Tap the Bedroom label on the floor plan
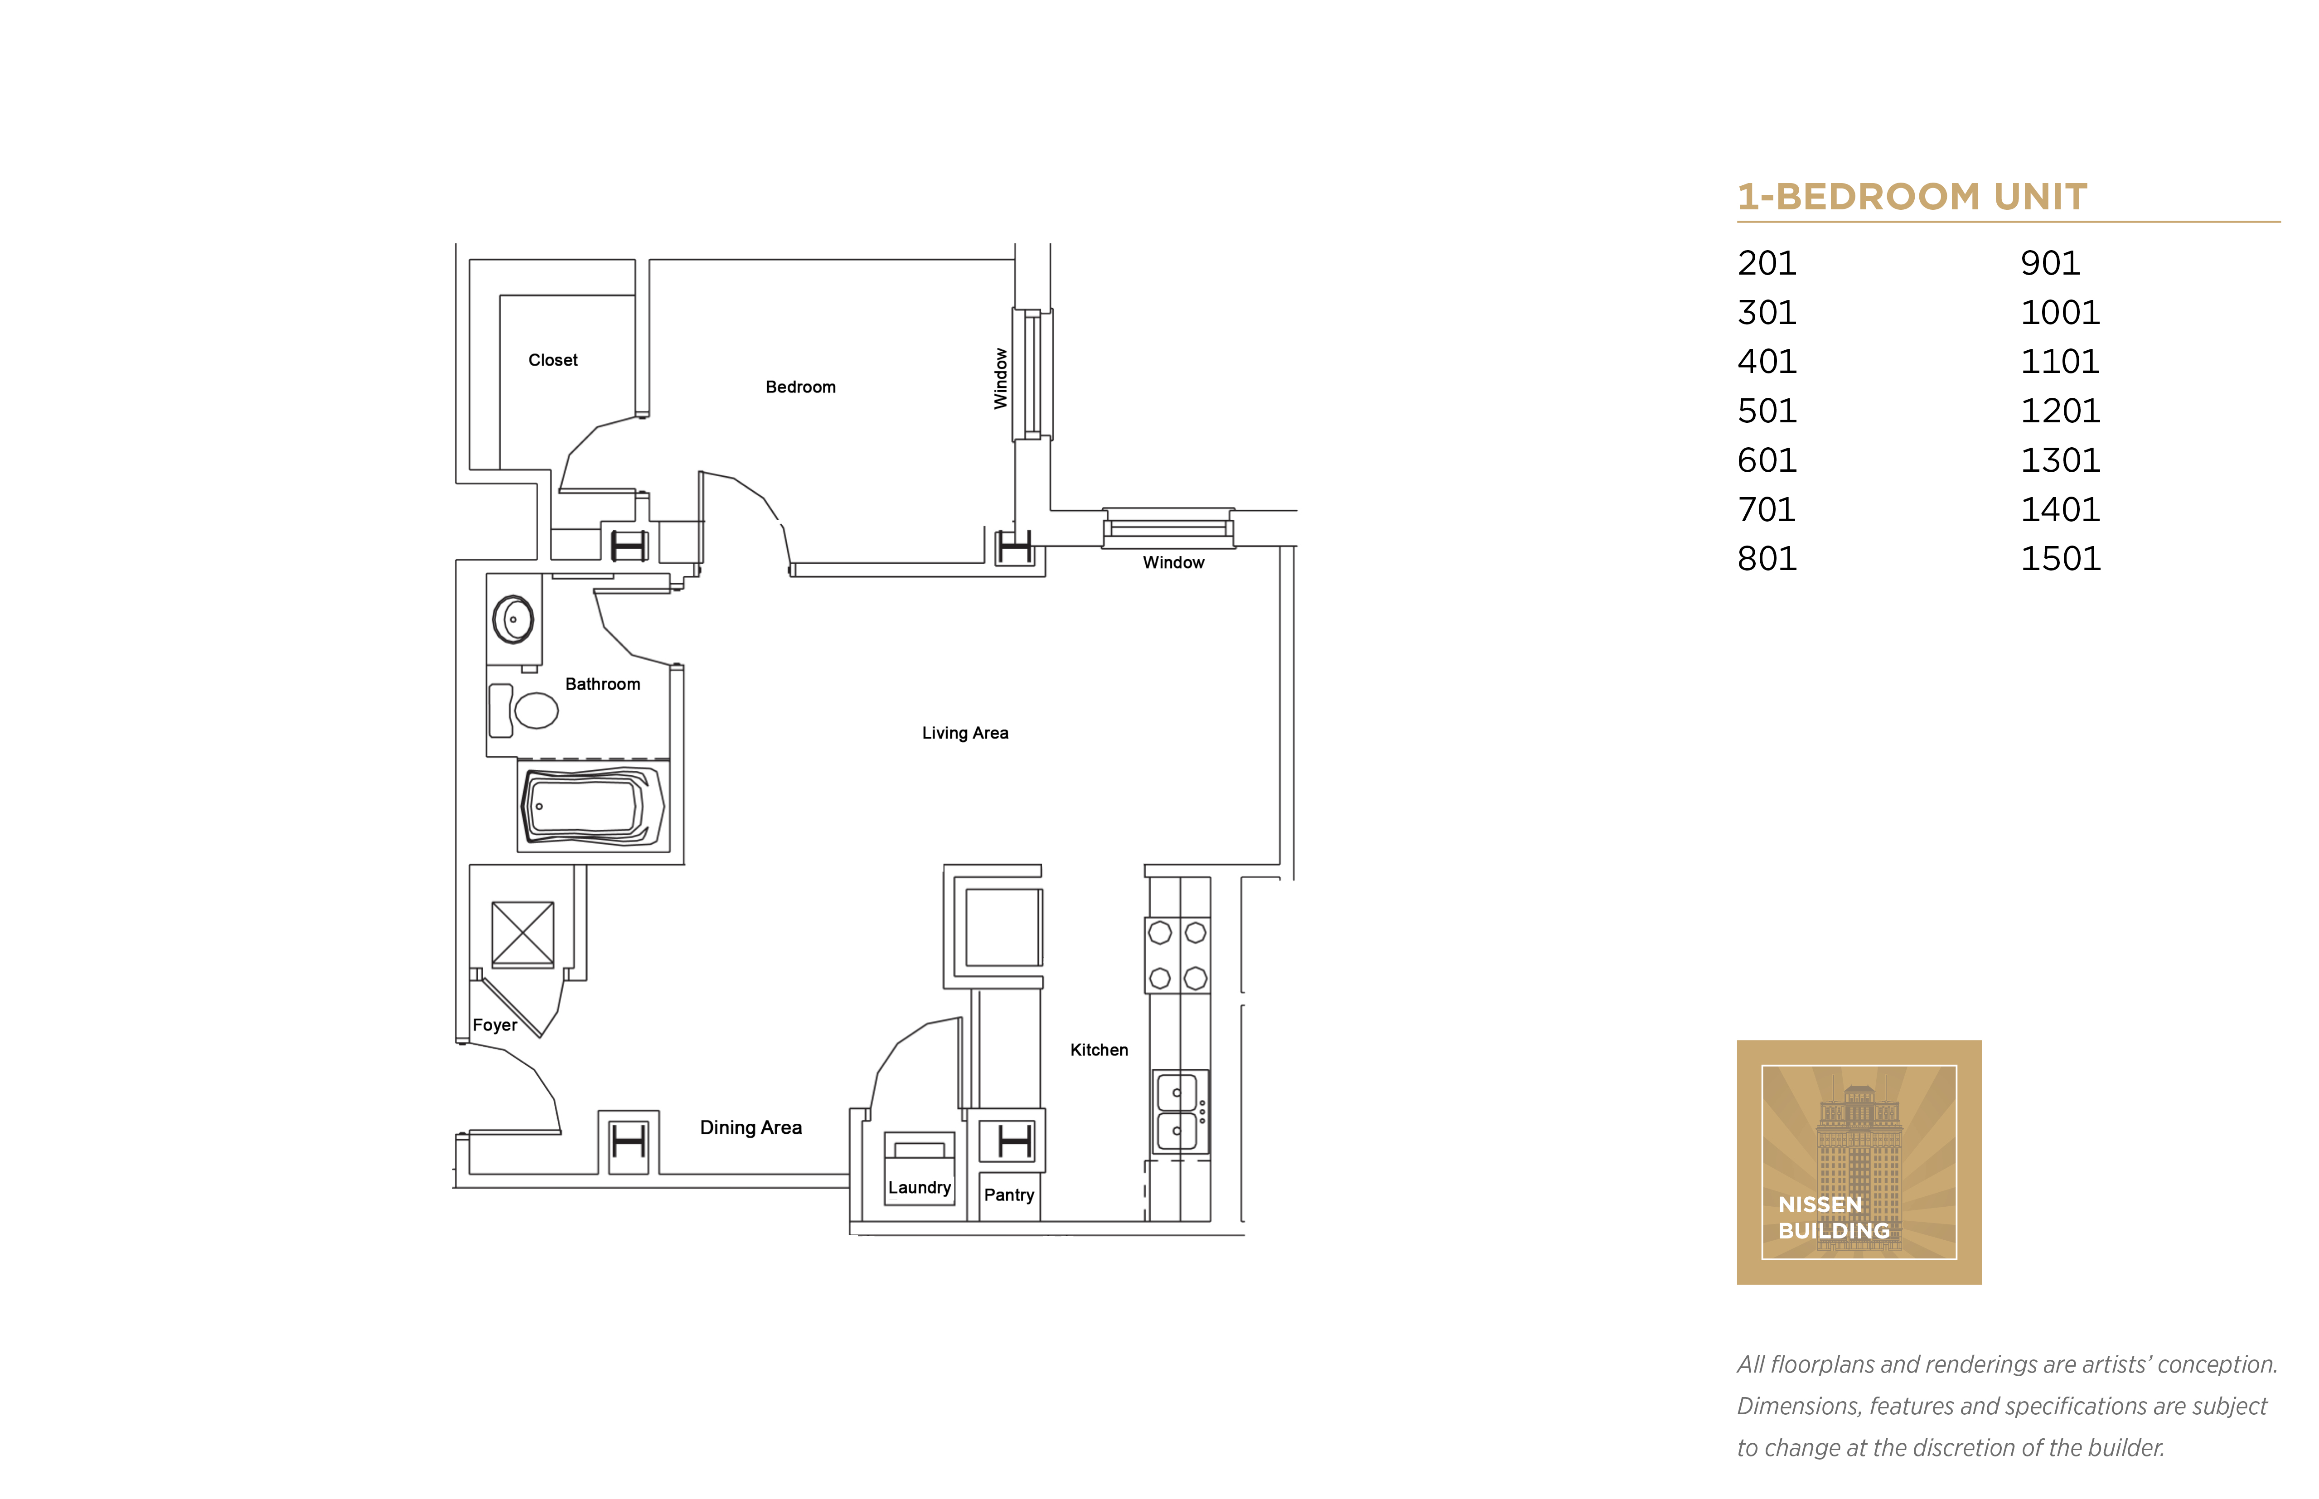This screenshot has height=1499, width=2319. (x=800, y=387)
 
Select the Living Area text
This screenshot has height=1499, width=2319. (x=965, y=733)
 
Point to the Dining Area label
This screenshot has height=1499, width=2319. (x=750, y=1127)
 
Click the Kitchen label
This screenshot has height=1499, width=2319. (x=1099, y=1049)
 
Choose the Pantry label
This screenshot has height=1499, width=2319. (x=1009, y=1195)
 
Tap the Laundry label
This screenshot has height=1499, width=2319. (x=919, y=1188)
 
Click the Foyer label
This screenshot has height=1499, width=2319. (x=494, y=1025)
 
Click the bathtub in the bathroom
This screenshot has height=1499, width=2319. (x=593, y=806)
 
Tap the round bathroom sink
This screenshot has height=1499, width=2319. (x=513, y=619)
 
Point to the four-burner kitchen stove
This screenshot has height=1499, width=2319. (x=1177, y=955)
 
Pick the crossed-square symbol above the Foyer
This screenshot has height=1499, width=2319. (x=523, y=934)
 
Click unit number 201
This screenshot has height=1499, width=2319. (x=1767, y=263)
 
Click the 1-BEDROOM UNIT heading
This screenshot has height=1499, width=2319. (x=1912, y=197)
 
